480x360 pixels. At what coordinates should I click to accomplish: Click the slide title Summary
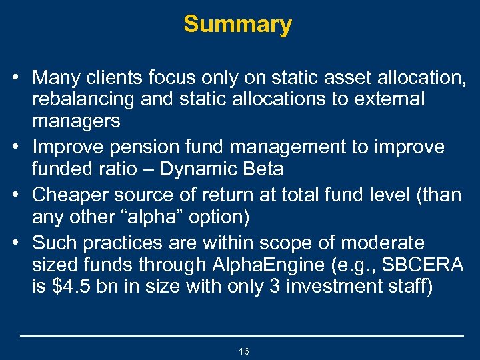pos(238,25)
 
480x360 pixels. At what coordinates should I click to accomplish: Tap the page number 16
pos(243,351)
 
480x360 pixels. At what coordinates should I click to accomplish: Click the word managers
pos(76,121)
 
